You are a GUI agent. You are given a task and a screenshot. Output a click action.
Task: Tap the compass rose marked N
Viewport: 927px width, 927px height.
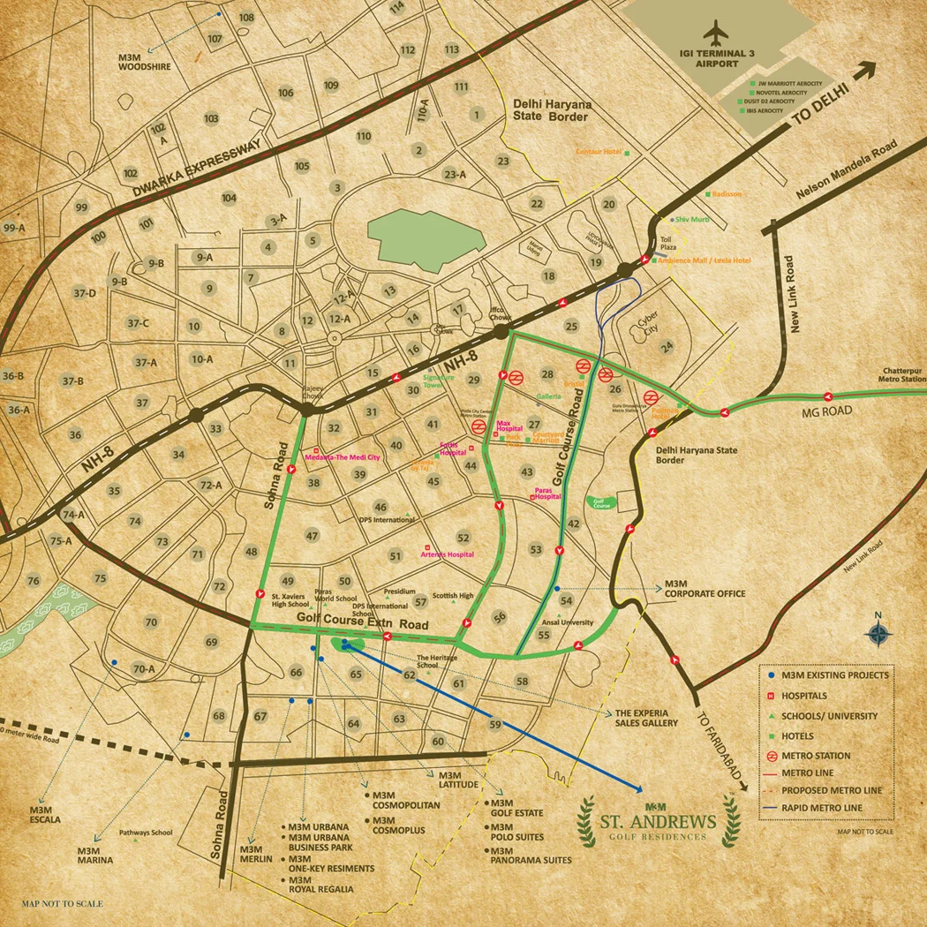[x=878, y=632]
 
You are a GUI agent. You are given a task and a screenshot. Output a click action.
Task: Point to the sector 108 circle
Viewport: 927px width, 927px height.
[x=246, y=18]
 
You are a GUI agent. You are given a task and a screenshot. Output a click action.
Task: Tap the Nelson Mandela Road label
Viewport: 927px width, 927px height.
[x=844, y=171]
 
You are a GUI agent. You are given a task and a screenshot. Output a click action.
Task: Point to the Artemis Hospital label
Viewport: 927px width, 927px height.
[x=448, y=554]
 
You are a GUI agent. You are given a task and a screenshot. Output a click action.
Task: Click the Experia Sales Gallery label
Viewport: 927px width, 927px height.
[x=646, y=718]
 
